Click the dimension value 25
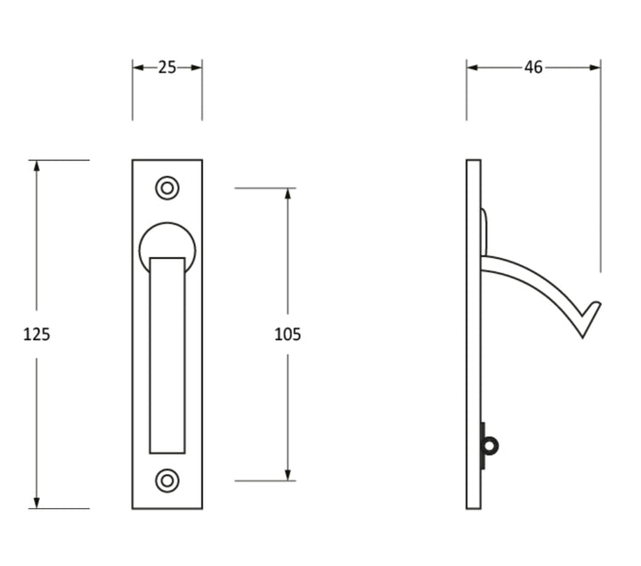(x=167, y=67)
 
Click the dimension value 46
(x=533, y=67)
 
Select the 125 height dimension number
(x=37, y=335)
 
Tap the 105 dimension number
(x=288, y=335)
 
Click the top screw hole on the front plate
(x=167, y=188)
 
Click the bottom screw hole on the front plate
(x=167, y=481)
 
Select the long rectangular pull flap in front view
(x=167, y=356)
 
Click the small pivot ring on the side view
(x=491, y=446)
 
